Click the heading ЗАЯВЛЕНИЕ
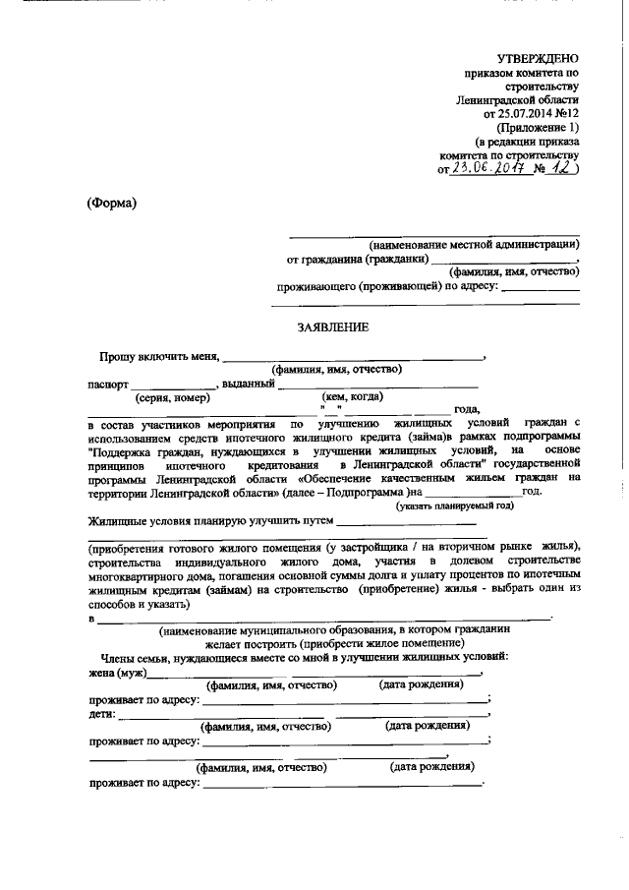(332, 327)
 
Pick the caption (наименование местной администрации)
(474, 244)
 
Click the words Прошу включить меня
(160, 356)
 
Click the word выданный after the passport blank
(249, 384)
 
